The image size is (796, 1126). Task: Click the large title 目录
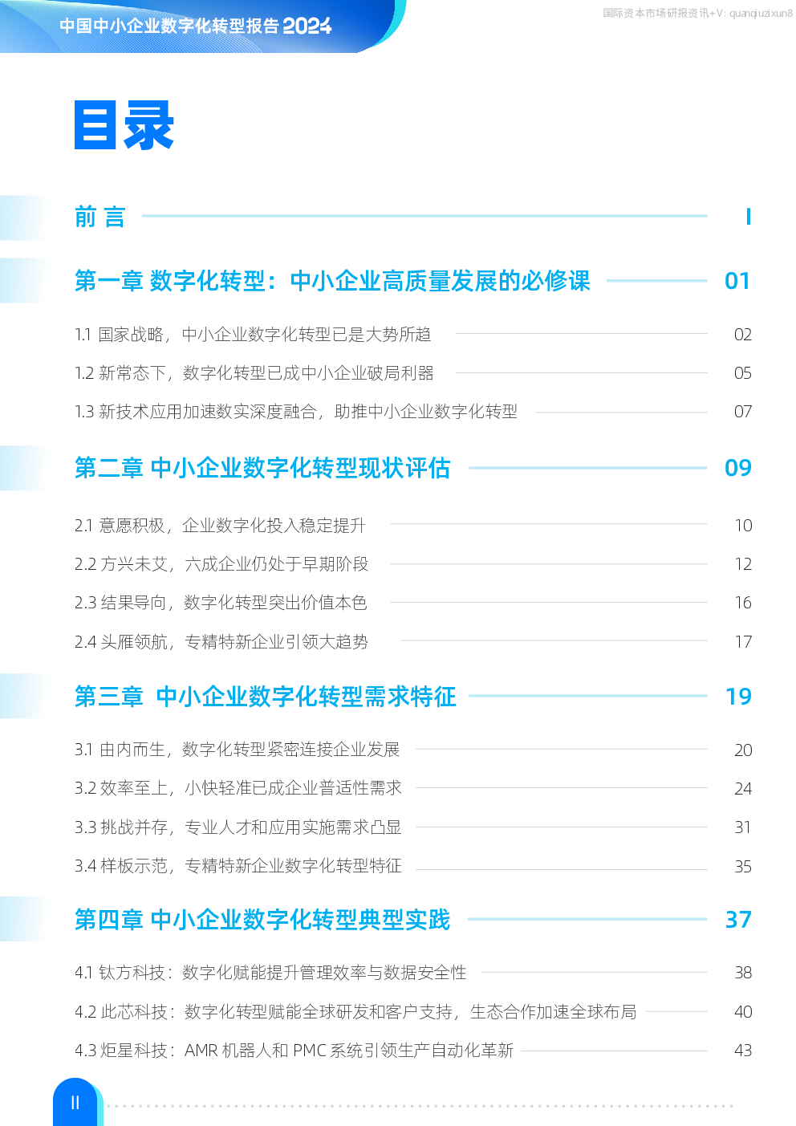pyautogui.click(x=124, y=125)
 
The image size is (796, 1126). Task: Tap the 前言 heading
pyautogui.click(x=100, y=217)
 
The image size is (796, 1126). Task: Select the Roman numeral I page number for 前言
pyautogui.click(x=749, y=217)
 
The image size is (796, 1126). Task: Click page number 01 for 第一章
pyautogui.click(x=737, y=281)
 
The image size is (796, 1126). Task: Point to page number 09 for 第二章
pyautogui.click(x=737, y=468)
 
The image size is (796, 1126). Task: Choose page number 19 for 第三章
pyautogui.click(x=738, y=697)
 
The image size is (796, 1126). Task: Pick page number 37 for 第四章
pyautogui.click(x=738, y=920)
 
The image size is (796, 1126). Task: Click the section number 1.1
pyautogui.click(x=83, y=335)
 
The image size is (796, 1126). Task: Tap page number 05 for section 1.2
pyautogui.click(x=743, y=373)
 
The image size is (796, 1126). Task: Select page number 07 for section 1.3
pyautogui.click(x=743, y=412)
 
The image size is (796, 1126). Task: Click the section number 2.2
pyautogui.click(x=85, y=564)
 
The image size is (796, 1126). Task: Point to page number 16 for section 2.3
pyautogui.click(x=743, y=603)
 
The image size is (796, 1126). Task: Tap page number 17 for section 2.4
pyautogui.click(x=743, y=642)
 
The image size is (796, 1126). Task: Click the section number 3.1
pyautogui.click(x=84, y=750)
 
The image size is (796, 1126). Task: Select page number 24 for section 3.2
pyautogui.click(x=743, y=789)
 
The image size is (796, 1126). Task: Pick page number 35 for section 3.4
pyautogui.click(x=743, y=867)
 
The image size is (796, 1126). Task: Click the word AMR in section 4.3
pyautogui.click(x=201, y=1051)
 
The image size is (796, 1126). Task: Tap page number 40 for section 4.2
pyautogui.click(x=743, y=1011)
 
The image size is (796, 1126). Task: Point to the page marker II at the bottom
pyautogui.click(x=75, y=1103)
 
